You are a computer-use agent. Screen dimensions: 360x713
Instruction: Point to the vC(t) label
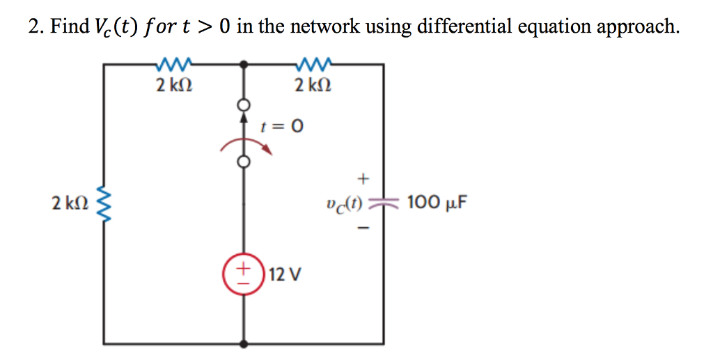pyautogui.click(x=342, y=204)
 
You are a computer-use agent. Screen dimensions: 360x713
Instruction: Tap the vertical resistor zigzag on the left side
pyautogui.click(x=106, y=204)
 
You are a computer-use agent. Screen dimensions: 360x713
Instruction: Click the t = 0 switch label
pyautogui.click(x=281, y=127)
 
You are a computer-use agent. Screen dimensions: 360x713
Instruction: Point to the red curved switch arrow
pyautogui.click(x=244, y=142)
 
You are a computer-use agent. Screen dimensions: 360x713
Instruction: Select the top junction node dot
pyautogui.click(x=244, y=64)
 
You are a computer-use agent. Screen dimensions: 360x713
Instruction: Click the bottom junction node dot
pyautogui.click(x=244, y=344)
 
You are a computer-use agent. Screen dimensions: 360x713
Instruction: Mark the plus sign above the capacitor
pyautogui.click(x=362, y=178)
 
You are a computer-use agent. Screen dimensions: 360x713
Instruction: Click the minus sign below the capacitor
pyautogui.click(x=362, y=228)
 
